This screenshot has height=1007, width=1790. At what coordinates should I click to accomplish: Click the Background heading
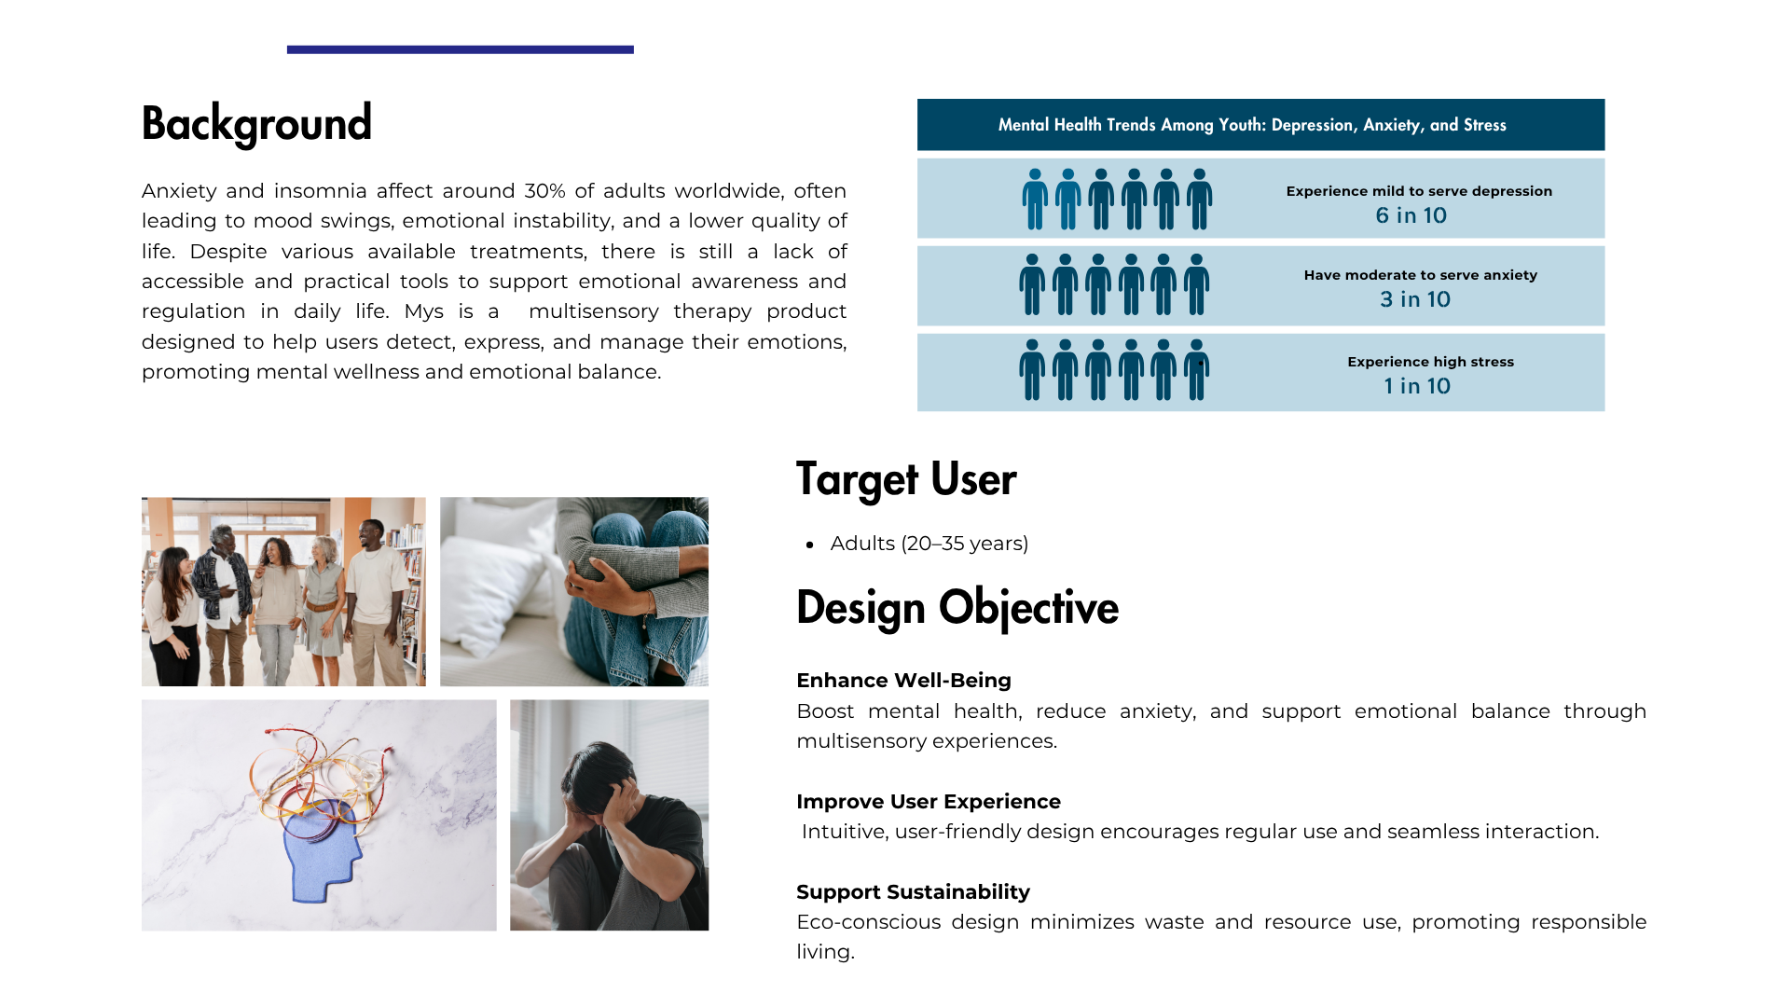click(x=256, y=124)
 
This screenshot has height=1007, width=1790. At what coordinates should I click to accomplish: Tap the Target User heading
click(x=906, y=479)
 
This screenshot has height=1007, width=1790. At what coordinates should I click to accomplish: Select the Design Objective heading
click(x=957, y=608)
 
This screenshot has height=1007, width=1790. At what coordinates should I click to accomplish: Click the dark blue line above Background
click(x=461, y=49)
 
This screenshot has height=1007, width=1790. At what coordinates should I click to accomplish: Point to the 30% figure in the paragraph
click(x=544, y=191)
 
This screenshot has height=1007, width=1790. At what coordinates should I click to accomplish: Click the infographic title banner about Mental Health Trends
click(x=1260, y=125)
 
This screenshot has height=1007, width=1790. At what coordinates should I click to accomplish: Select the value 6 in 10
click(x=1411, y=215)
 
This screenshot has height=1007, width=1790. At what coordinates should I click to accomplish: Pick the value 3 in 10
click(x=1415, y=299)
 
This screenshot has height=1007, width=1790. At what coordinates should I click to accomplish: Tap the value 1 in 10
click(x=1417, y=386)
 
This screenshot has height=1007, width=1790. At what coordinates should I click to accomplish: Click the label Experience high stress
click(x=1430, y=362)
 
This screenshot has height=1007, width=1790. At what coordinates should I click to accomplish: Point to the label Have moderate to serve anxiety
click(x=1420, y=275)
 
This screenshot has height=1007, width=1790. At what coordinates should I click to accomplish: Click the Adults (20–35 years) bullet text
click(x=929, y=544)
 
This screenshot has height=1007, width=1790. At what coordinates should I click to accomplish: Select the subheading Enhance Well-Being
click(x=903, y=681)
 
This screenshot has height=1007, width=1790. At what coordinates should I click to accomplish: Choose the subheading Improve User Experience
click(x=929, y=802)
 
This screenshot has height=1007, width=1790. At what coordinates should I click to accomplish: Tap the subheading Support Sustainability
click(x=913, y=892)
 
